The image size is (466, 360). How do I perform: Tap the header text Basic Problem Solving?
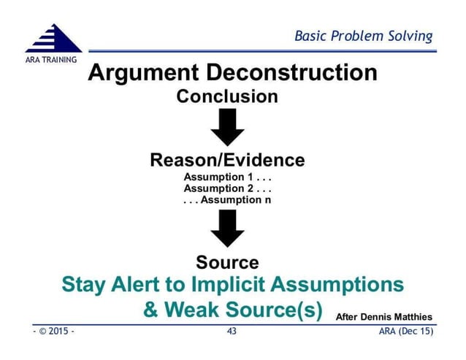coord(363,36)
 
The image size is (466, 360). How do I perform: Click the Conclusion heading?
coord(227,96)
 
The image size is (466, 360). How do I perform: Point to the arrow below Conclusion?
coord(227,129)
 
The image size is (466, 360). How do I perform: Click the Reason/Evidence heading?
coord(227,160)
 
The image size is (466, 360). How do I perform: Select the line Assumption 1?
coord(227,177)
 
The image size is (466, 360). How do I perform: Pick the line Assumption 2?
coord(227,188)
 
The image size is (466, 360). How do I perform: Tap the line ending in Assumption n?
coord(227,199)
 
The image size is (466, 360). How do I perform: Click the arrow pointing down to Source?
coord(227,229)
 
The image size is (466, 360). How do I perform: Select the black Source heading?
coord(227,262)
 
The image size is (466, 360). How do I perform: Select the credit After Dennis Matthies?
coord(383,316)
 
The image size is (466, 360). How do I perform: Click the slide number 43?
coord(233,332)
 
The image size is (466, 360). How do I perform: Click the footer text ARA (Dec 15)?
coord(406,332)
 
